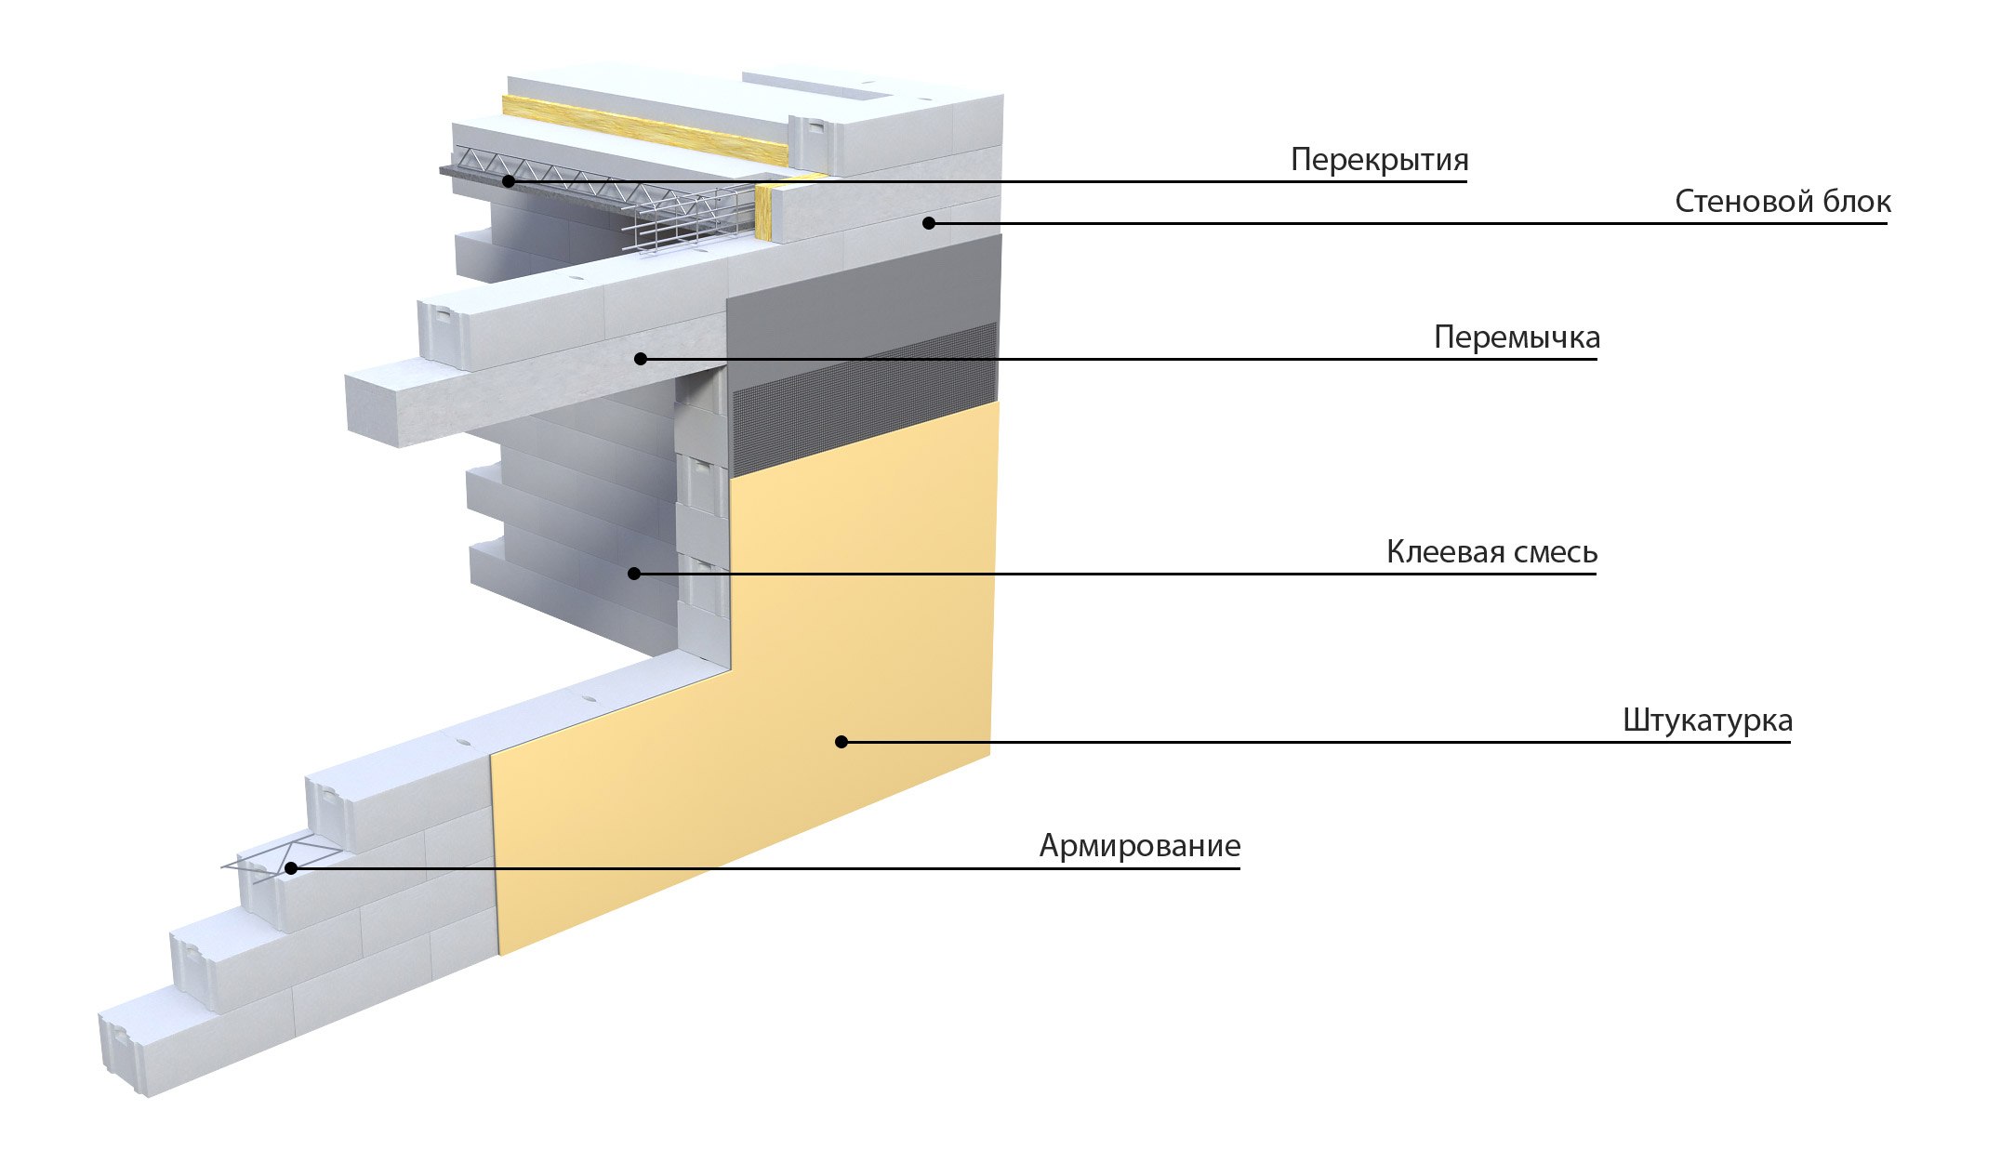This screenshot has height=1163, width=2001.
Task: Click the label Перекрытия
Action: (1379, 161)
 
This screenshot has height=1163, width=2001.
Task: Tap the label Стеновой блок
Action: (1782, 202)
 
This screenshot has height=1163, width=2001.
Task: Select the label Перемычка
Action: (1517, 337)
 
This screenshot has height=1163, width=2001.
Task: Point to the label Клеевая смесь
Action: (1491, 552)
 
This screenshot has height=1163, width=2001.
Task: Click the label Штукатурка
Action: (1707, 721)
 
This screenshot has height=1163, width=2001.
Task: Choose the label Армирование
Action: (1139, 846)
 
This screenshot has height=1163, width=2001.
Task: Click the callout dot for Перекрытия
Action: (509, 181)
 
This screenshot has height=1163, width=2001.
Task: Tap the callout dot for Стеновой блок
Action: (928, 223)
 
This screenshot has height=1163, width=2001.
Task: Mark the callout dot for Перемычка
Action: (640, 359)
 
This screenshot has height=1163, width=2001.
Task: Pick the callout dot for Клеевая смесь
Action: (634, 574)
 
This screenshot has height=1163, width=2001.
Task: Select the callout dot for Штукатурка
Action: (841, 742)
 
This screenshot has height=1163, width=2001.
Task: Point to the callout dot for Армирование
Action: (291, 868)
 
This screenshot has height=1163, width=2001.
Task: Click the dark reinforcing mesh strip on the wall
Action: (865, 400)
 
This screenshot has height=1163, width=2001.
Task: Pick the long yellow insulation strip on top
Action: (645, 130)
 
